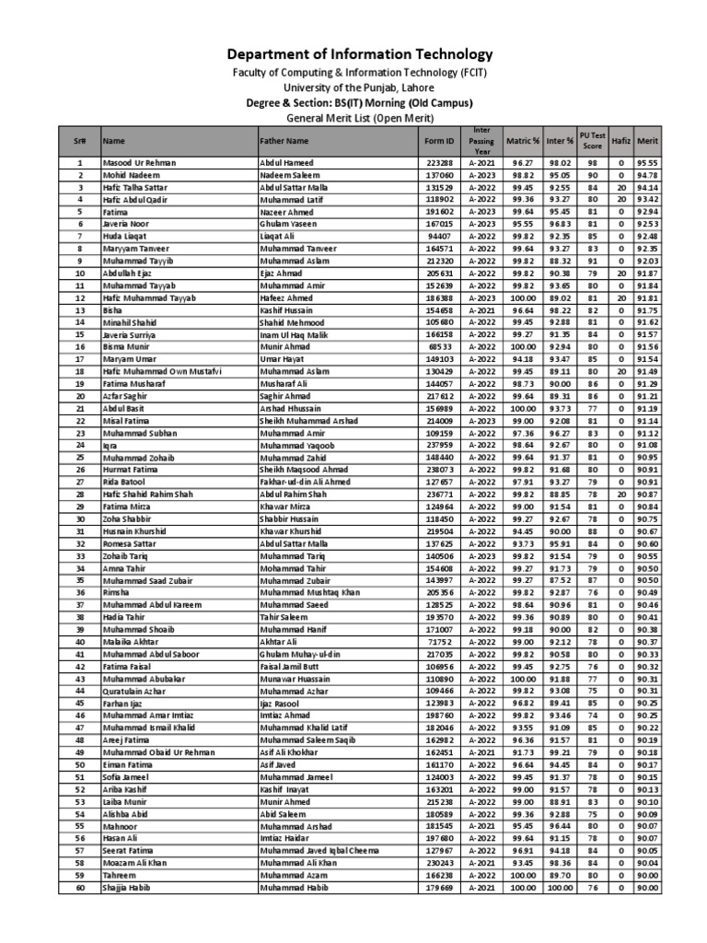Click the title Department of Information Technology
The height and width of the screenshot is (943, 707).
click(x=354, y=54)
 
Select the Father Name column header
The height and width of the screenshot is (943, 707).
click(x=284, y=142)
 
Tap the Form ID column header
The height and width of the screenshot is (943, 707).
click(x=438, y=142)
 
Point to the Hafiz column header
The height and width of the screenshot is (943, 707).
click(x=620, y=142)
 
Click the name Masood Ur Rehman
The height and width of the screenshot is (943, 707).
click(x=139, y=162)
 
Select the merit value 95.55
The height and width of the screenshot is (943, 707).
click(x=647, y=162)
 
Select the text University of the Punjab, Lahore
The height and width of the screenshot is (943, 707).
click(x=354, y=87)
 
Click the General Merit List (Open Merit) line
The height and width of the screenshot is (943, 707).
click(x=354, y=118)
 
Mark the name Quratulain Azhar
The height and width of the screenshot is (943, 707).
click(x=135, y=690)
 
